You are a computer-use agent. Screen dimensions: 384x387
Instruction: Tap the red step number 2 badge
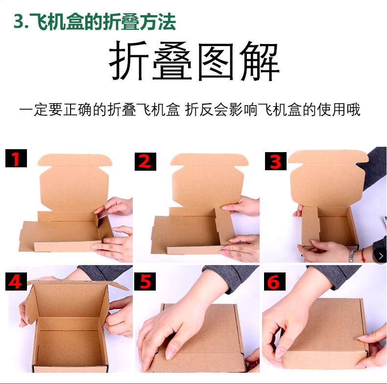(x=145, y=161)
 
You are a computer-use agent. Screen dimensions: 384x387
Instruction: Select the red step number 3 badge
(x=275, y=161)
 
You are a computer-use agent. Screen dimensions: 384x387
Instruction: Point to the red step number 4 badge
(x=16, y=281)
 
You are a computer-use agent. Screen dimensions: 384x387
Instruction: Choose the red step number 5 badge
(x=145, y=281)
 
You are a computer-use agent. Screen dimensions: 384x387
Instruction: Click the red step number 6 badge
(x=274, y=281)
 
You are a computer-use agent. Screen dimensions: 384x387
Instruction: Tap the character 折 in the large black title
(x=128, y=62)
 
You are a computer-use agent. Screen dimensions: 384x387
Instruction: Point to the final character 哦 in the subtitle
(x=353, y=110)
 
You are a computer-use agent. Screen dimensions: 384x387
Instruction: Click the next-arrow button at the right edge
(x=380, y=255)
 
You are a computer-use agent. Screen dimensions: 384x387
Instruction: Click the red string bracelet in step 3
(x=363, y=255)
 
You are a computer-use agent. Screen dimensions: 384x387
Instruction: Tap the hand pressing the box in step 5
(x=167, y=333)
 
